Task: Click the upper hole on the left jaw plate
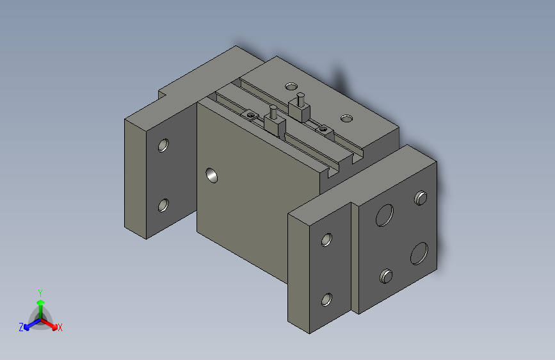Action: (164, 145)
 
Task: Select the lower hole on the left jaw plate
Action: (164, 206)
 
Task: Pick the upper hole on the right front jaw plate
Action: (327, 240)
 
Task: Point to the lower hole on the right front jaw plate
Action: (327, 299)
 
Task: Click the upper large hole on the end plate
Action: (384, 215)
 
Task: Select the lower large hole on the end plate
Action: (419, 253)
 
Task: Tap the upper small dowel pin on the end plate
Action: (421, 198)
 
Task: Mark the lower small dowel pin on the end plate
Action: (385, 276)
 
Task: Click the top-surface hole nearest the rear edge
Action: (291, 85)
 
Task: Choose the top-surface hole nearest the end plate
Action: (346, 118)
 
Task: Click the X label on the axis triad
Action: (60, 327)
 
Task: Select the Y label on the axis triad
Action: (40, 292)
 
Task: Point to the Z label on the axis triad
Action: (21, 327)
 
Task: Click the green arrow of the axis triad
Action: (40, 304)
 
